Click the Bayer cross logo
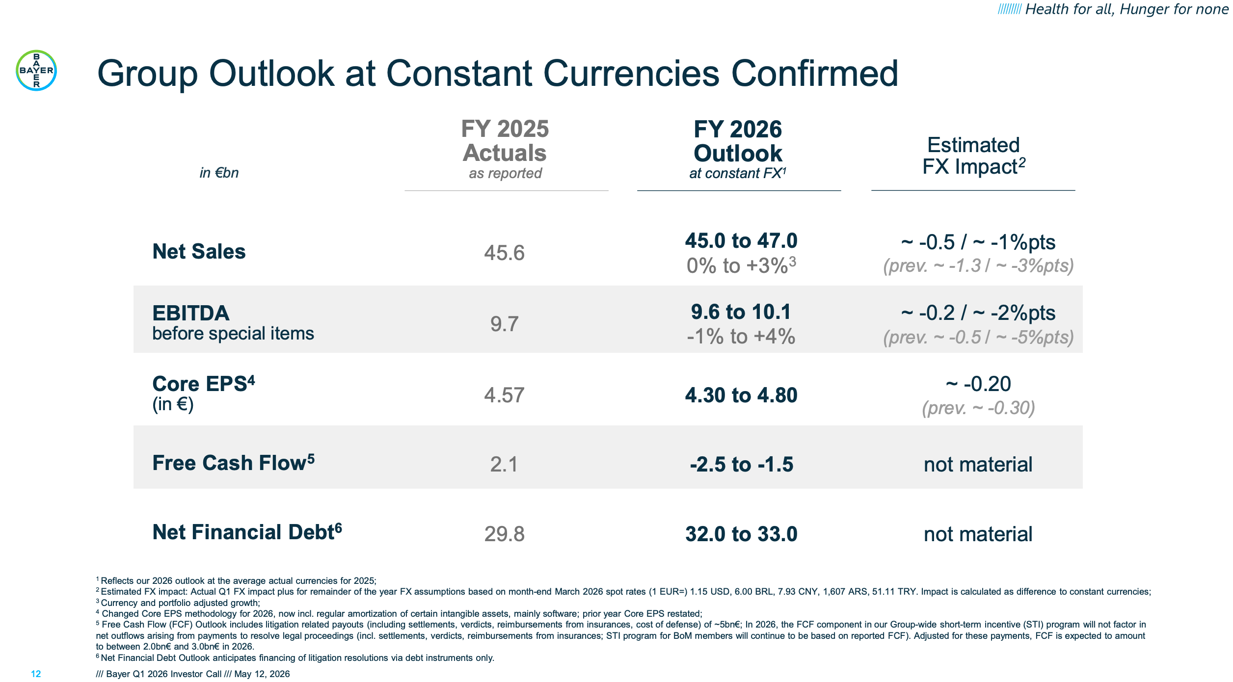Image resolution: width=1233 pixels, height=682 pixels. [36, 70]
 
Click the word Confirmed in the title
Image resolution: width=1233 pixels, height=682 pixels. [815, 74]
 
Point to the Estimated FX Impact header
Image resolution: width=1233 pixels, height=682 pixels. [974, 156]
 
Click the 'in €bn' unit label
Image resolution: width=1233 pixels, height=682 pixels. [219, 173]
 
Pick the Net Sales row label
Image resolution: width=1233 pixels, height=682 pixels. [199, 251]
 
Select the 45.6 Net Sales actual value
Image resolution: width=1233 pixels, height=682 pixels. [505, 253]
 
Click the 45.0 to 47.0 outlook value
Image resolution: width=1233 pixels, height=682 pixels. [741, 240]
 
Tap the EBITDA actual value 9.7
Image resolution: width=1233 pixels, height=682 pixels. [505, 324]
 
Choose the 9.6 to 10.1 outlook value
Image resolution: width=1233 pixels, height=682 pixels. [741, 312]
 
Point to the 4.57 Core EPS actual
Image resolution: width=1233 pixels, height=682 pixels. [505, 395]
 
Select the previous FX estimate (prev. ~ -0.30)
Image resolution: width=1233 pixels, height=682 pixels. [979, 408]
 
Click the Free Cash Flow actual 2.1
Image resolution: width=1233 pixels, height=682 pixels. [504, 464]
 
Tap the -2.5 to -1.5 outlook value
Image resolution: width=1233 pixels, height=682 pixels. [741, 464]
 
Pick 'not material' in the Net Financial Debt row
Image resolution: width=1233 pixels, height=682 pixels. [978, 534]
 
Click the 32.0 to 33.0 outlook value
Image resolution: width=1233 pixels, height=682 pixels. [741, 534]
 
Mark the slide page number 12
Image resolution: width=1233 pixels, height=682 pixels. [36, 674]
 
